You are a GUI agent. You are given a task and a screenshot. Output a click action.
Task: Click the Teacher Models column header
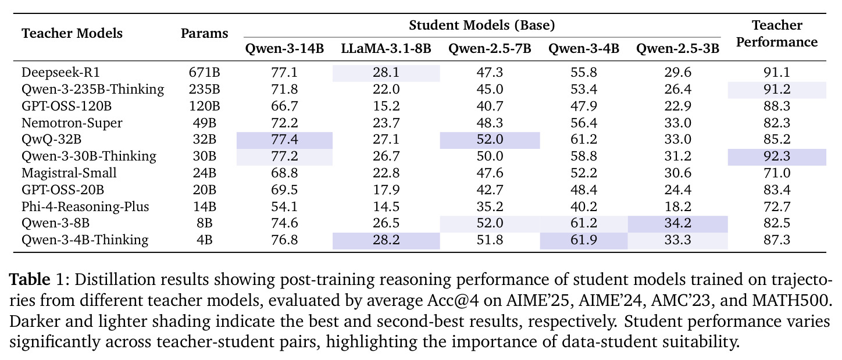click(72, 34)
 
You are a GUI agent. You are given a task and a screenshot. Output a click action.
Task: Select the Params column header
click(205, 34)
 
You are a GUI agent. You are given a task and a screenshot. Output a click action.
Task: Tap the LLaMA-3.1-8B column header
click(386, 48)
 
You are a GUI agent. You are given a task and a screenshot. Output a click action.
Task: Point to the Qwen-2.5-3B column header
click(678, 48)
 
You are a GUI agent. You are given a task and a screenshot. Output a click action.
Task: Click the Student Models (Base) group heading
click(482, 25)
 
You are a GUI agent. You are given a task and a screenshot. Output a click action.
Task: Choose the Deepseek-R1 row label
click(60, 72)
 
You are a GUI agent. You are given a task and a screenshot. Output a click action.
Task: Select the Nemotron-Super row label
click(72, 123)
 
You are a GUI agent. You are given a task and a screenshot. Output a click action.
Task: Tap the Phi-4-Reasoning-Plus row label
click(85, 206)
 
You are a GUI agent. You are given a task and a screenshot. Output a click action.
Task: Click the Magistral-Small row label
click(69, 173)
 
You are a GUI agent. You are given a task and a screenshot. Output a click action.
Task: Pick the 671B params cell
click(205, 72)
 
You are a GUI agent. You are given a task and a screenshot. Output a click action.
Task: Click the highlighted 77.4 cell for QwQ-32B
click(284, 140)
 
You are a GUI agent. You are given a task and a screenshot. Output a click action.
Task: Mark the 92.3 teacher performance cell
click(777, 156)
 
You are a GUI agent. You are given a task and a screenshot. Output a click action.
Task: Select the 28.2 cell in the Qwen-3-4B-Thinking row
click(386, 240)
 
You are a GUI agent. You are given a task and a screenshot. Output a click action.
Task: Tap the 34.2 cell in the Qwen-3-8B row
click(678, 223)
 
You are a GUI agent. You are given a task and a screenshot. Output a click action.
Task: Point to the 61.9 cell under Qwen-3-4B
click(584, 240)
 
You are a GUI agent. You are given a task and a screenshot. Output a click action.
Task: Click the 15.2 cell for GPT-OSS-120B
click(386, 106)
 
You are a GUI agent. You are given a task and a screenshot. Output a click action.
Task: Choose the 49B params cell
click(205, 123)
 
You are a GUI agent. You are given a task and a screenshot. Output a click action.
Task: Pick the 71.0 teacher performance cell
click(777, 173)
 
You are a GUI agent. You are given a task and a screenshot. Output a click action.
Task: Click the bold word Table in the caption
click(30, 280)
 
